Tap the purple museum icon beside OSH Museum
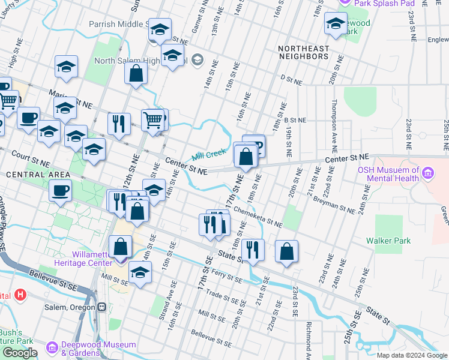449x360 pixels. [428, 174]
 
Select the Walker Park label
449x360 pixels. [389, 241]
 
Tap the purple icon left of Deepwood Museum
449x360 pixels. [51, 347]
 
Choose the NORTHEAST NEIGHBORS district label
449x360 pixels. [303, 52]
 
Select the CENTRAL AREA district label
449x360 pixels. [26, 175]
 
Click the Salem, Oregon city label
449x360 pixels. [70, 307]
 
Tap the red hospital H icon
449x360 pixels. [20, 295]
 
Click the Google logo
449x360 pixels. [19, 353]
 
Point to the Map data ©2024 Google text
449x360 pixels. [411, 355]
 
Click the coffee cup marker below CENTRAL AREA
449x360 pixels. [60, 191]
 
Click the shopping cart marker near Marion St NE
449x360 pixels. [152, 119]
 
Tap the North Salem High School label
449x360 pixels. [142, 61]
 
